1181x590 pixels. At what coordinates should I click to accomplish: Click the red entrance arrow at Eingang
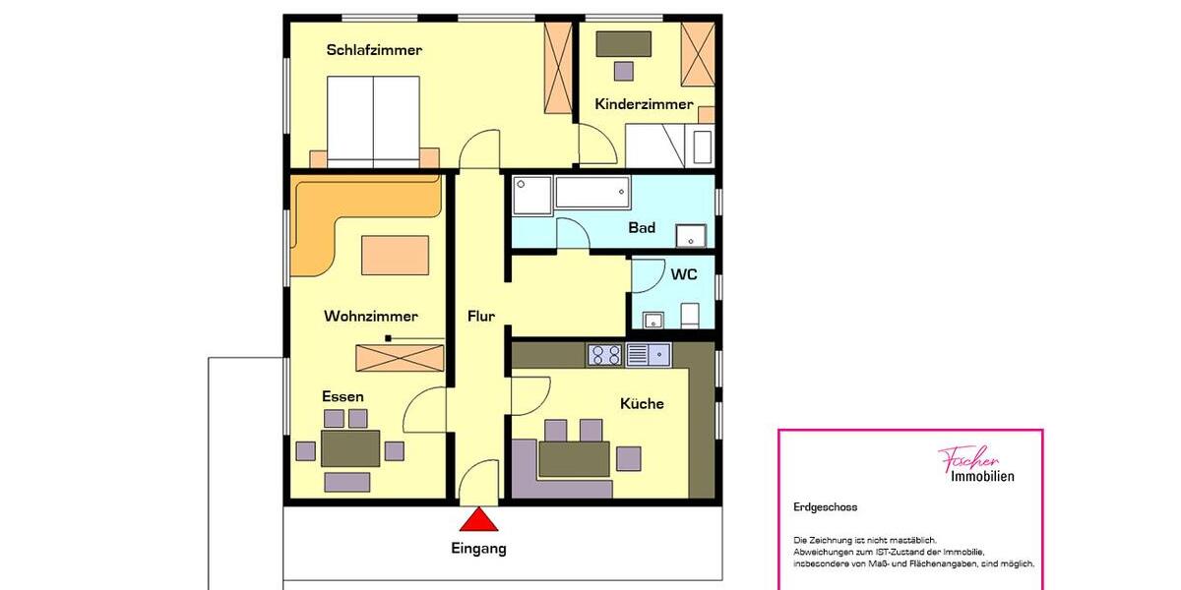479,520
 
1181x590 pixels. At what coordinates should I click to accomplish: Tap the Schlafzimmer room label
374,50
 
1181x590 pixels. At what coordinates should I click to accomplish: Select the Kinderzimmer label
644,104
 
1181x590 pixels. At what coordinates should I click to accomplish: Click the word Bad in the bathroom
642,228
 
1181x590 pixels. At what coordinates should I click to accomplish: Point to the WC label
684,274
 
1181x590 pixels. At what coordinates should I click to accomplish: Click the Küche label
642,403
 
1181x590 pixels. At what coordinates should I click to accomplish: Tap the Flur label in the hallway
481,316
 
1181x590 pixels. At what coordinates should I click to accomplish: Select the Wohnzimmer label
371,317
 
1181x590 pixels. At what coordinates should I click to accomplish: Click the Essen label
342,396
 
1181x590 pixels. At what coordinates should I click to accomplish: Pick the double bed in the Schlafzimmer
373,120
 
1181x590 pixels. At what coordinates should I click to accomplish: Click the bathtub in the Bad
592,192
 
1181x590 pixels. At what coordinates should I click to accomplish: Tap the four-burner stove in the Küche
604,354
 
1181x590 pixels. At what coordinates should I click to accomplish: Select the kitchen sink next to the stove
648,354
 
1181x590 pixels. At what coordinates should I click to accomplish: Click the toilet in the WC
690,315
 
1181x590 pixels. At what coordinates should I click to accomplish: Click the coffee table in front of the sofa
395,255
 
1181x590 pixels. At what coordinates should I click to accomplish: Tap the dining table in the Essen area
350,448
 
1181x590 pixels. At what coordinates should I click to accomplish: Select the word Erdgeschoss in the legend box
826,507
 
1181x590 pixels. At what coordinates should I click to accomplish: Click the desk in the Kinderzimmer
624,43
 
